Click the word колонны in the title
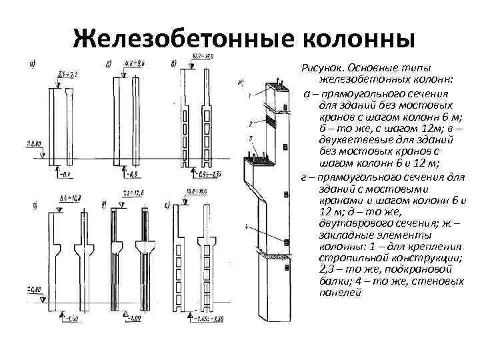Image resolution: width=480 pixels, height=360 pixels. tap(354, 37)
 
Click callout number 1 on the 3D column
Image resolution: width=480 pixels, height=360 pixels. tap(248, 97)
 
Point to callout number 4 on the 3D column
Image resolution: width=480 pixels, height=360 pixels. tap(247, 227)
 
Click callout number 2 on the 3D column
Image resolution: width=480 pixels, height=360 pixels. tap(248, 124)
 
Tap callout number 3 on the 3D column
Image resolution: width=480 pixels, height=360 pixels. tap(248, 139)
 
